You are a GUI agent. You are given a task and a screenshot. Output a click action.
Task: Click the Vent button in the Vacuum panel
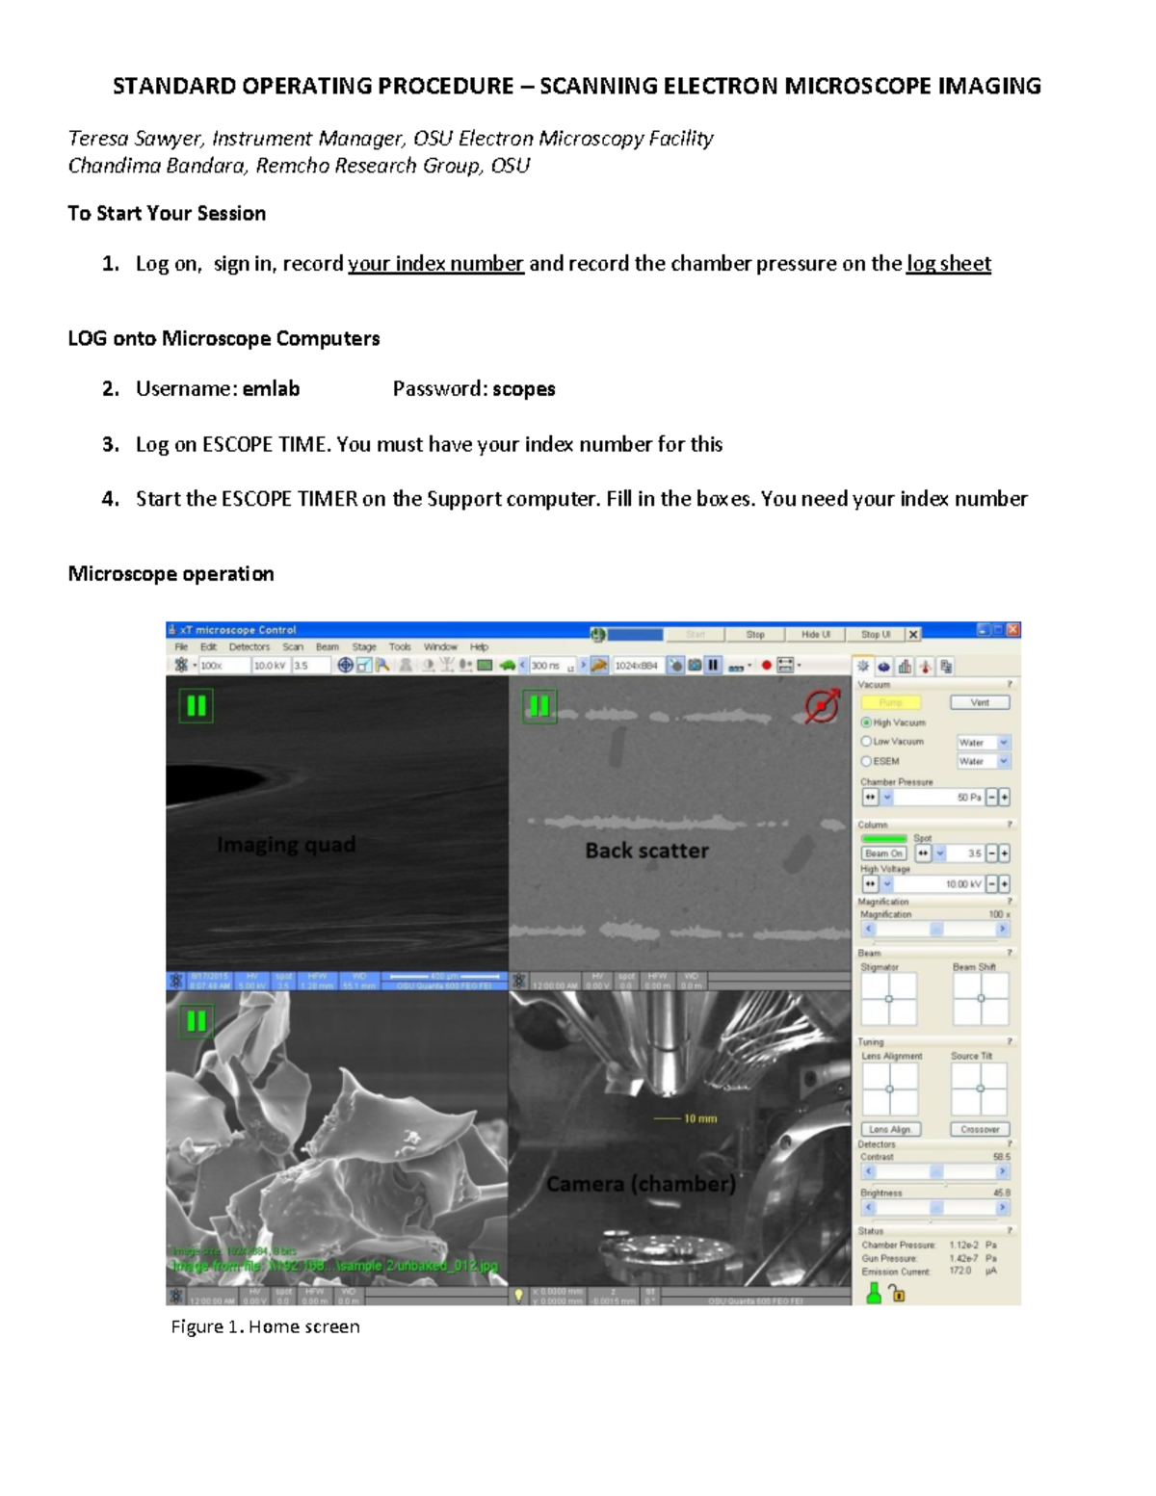pyautogui.click(x=980, y=702)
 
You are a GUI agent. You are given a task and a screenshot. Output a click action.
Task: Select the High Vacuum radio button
pyautogui.click(x=866, y=722)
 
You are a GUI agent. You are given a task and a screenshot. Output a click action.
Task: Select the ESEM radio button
pyautogui.click(x=866, y=761)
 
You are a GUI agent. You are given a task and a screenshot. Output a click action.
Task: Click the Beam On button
pyautogui.click(x=883, y=853)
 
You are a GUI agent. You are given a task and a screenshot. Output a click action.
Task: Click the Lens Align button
pyautogui.click(x=890, y=1129)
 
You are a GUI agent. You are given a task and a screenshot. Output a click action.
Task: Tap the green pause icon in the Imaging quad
pyautogui.click(x=196, y=706)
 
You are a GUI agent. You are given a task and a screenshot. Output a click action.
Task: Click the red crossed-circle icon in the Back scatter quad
pyautogui.click(x=821, y=706)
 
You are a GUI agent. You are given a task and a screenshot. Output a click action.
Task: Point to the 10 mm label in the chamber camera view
pyautogui.click(x=700, y=1118)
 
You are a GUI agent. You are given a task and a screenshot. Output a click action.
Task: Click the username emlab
pyautogui.click(x=271, y=389)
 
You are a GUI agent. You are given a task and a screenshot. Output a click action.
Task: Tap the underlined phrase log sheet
pyautogui.click(x=948, y=264)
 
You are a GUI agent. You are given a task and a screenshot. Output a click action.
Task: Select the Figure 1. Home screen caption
pyautogui.click(x=265, y=1326)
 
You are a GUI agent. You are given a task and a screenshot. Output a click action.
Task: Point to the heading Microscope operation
pyautogui.click(x=171, y=574)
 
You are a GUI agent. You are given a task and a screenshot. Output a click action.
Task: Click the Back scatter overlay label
pyautogui.click(x=646, y=851)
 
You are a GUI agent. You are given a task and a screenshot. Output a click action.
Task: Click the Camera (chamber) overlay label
pyautogui.click(x=641, y=1184)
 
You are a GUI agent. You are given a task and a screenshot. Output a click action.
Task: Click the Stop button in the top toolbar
pyautogui.click(x=755, y=635)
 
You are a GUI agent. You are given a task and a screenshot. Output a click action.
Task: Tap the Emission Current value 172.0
pyautogui.click(x=959, y=1272)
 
